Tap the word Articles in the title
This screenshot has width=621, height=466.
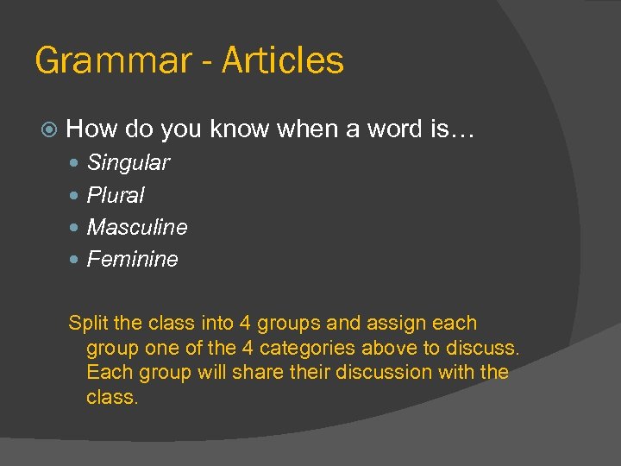[x=283, y=60]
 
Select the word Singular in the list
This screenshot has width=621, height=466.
[x=129, y=162]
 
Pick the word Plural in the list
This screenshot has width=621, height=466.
[x=116, y=195]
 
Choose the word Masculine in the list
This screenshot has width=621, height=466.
[x=137, y=227]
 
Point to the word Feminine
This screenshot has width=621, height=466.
[x=133, y=259]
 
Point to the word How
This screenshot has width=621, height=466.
[x=91, y=129]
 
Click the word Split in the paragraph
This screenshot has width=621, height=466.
[x=88, y=324]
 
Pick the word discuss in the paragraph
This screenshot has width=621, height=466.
[x=487, y=348]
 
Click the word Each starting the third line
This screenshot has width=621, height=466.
[x=107, y=373]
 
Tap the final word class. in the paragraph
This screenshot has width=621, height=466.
[x=112, y=398]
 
